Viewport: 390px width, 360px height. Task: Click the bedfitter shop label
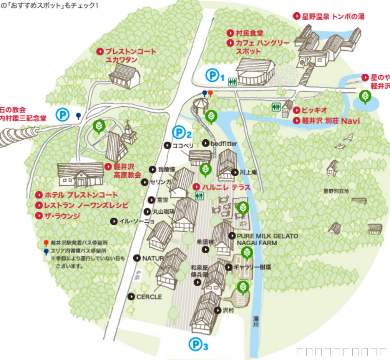[224, 144]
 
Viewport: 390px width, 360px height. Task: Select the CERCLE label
[149, 297]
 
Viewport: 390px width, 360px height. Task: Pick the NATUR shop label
[153, 258]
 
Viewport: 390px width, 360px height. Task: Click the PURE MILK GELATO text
[267, 236]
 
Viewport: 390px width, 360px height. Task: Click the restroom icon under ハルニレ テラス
[199, 196]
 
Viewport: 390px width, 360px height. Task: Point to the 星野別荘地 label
[336, 190]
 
